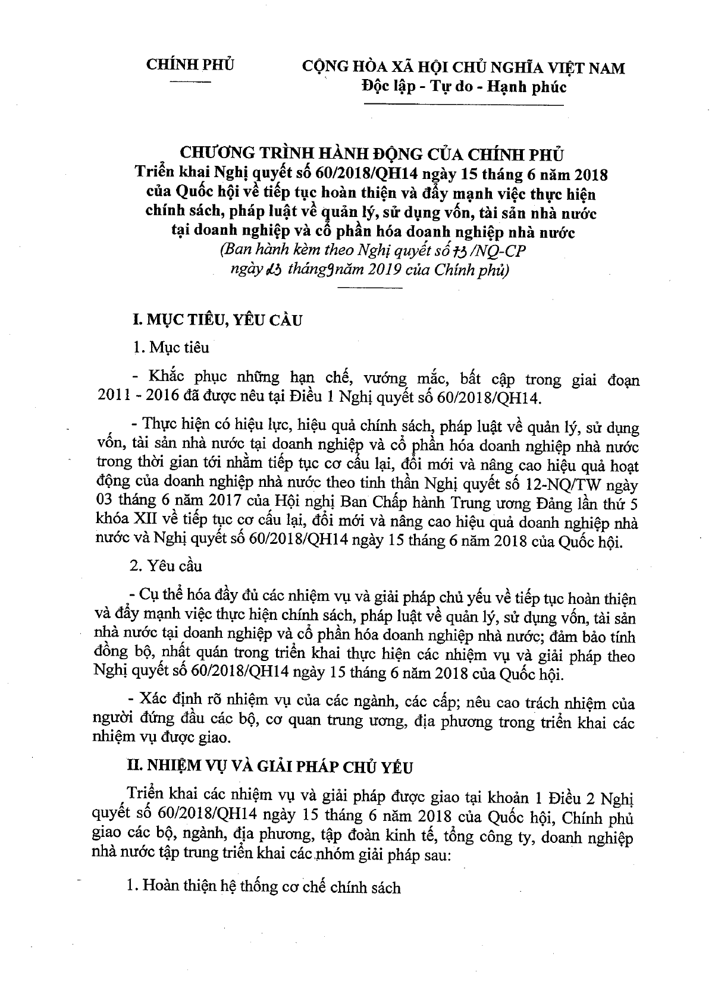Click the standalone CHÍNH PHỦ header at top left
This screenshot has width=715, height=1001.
[x=190, y=65]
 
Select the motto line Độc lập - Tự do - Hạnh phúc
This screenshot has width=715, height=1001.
[x=464, y=87]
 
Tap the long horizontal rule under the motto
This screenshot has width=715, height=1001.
[x=463, y=106]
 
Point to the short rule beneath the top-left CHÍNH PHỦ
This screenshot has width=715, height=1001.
[x=190, y=81]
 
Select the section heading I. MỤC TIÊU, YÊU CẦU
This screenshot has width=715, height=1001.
[x=217, y=320]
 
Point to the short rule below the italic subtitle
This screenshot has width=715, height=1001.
[x=369, y=288]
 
